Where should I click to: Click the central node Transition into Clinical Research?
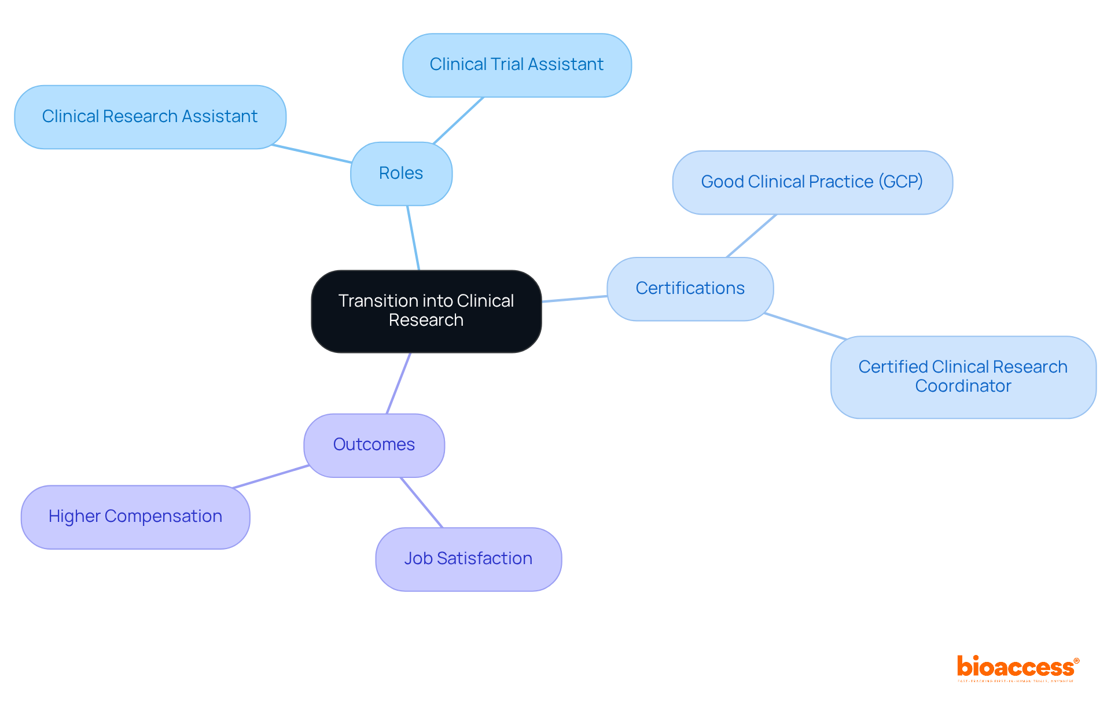click(426, 311)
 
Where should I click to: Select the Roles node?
click(401, 173)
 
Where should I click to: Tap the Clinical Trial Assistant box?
click(516, 64)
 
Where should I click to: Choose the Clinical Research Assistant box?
click(150, 116)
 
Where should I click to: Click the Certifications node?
click(690, 288)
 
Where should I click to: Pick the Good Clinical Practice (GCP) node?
click(812, 182)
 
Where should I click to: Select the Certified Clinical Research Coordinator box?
click(963, 376)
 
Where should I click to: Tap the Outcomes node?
click(374, 444)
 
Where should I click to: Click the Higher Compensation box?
click(135, 516)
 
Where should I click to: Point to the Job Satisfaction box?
click(468, 558)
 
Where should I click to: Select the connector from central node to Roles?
click(413, 238)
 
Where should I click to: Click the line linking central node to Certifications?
click(574, 299)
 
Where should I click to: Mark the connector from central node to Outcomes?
click(399, 383)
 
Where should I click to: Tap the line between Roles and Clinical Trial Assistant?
click(458, 120)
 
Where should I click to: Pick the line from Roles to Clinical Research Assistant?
click(311, 154)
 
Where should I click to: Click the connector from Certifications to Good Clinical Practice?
click(751, 236)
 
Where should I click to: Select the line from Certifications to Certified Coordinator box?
click(805, 326)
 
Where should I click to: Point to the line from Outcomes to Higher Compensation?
click(271, 477)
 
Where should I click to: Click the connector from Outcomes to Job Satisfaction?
click(422, 502)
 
